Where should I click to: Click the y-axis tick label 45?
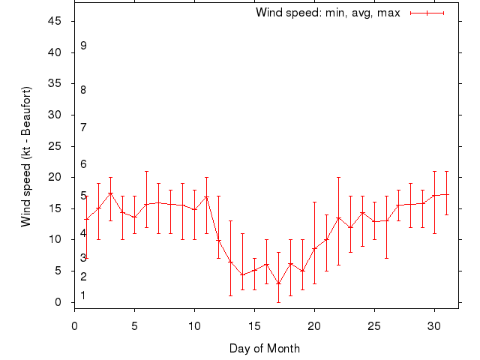[55, 21]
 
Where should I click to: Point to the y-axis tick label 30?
[55, 115]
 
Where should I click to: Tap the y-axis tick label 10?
[55, 239]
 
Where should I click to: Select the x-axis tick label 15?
[254, 326]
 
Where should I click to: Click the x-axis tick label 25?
[374, 326]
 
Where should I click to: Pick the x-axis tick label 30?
[434, 326]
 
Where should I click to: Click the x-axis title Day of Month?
[265, 348]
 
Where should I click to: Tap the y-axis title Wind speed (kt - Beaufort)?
[26, 156]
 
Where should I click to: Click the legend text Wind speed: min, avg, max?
[328, 13]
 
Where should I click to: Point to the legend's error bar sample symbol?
[427, 13]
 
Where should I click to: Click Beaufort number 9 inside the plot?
[83, 46]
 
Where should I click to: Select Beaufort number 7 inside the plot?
[83, 127]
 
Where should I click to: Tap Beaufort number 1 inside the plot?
[83, 295]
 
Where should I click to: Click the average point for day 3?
[110, 193]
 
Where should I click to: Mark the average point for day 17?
[278, 283]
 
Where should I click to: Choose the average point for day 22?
[338, 218]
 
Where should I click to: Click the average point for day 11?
[206, 197]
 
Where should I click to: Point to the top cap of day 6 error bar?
[146, 171]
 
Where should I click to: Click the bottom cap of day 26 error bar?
[386, 258]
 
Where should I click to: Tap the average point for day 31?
[446, 194]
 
